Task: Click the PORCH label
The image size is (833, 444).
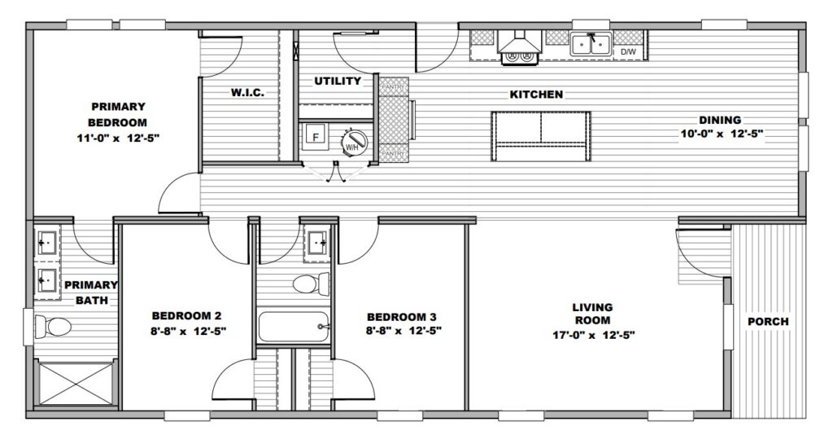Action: pos(768,322)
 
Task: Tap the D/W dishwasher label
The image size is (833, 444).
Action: pos(628,51)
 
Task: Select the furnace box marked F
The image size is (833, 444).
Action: pos(316,137)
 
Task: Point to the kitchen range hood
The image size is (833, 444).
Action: pos(519,42)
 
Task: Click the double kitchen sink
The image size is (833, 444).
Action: pos(591,44)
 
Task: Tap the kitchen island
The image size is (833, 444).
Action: pos(541,136)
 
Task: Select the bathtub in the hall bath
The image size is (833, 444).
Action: pos(294,327)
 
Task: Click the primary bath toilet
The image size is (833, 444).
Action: pos(53,326)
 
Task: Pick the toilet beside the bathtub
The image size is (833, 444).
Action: pos(311,284)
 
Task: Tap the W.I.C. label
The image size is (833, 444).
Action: pos(247,93)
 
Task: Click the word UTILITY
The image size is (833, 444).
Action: pos(338,81)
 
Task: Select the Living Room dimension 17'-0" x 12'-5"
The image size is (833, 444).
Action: pos(593,335)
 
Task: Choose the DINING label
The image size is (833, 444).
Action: pos(720,121)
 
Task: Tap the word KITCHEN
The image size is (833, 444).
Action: pos(536,95)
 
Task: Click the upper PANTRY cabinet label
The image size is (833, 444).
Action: pos(394,86)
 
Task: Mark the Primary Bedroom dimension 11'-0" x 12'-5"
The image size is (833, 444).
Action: pos(119,138)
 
